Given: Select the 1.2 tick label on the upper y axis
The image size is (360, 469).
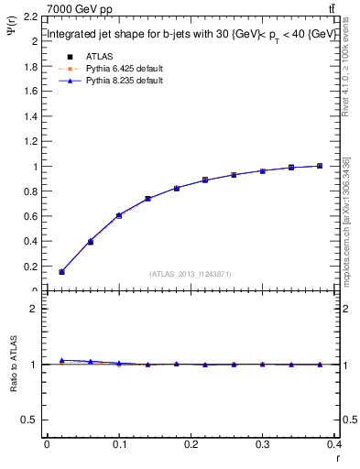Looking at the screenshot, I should coord(29,142).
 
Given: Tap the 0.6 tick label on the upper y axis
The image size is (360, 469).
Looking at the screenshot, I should coord(29,217).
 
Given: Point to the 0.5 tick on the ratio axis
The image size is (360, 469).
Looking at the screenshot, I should coord(29,420).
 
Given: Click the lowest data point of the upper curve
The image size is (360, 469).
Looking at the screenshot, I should coord(61,271).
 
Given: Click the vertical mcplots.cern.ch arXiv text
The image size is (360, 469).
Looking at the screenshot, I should coord(347,220).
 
